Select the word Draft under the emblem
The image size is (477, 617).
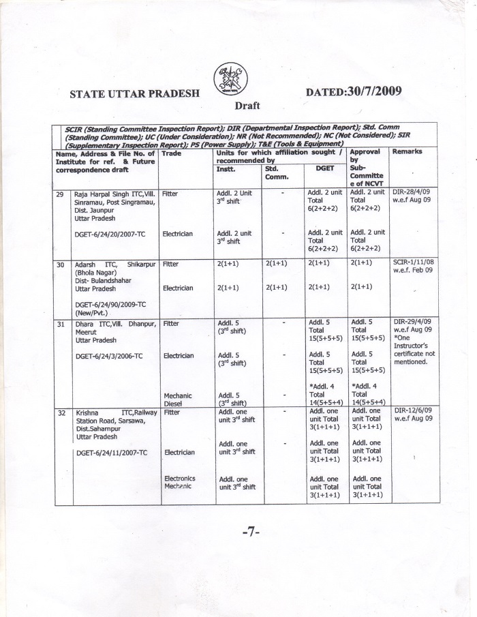pos(248,106)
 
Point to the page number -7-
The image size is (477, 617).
pos(251,532)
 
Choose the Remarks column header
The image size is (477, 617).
pos(408,151)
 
